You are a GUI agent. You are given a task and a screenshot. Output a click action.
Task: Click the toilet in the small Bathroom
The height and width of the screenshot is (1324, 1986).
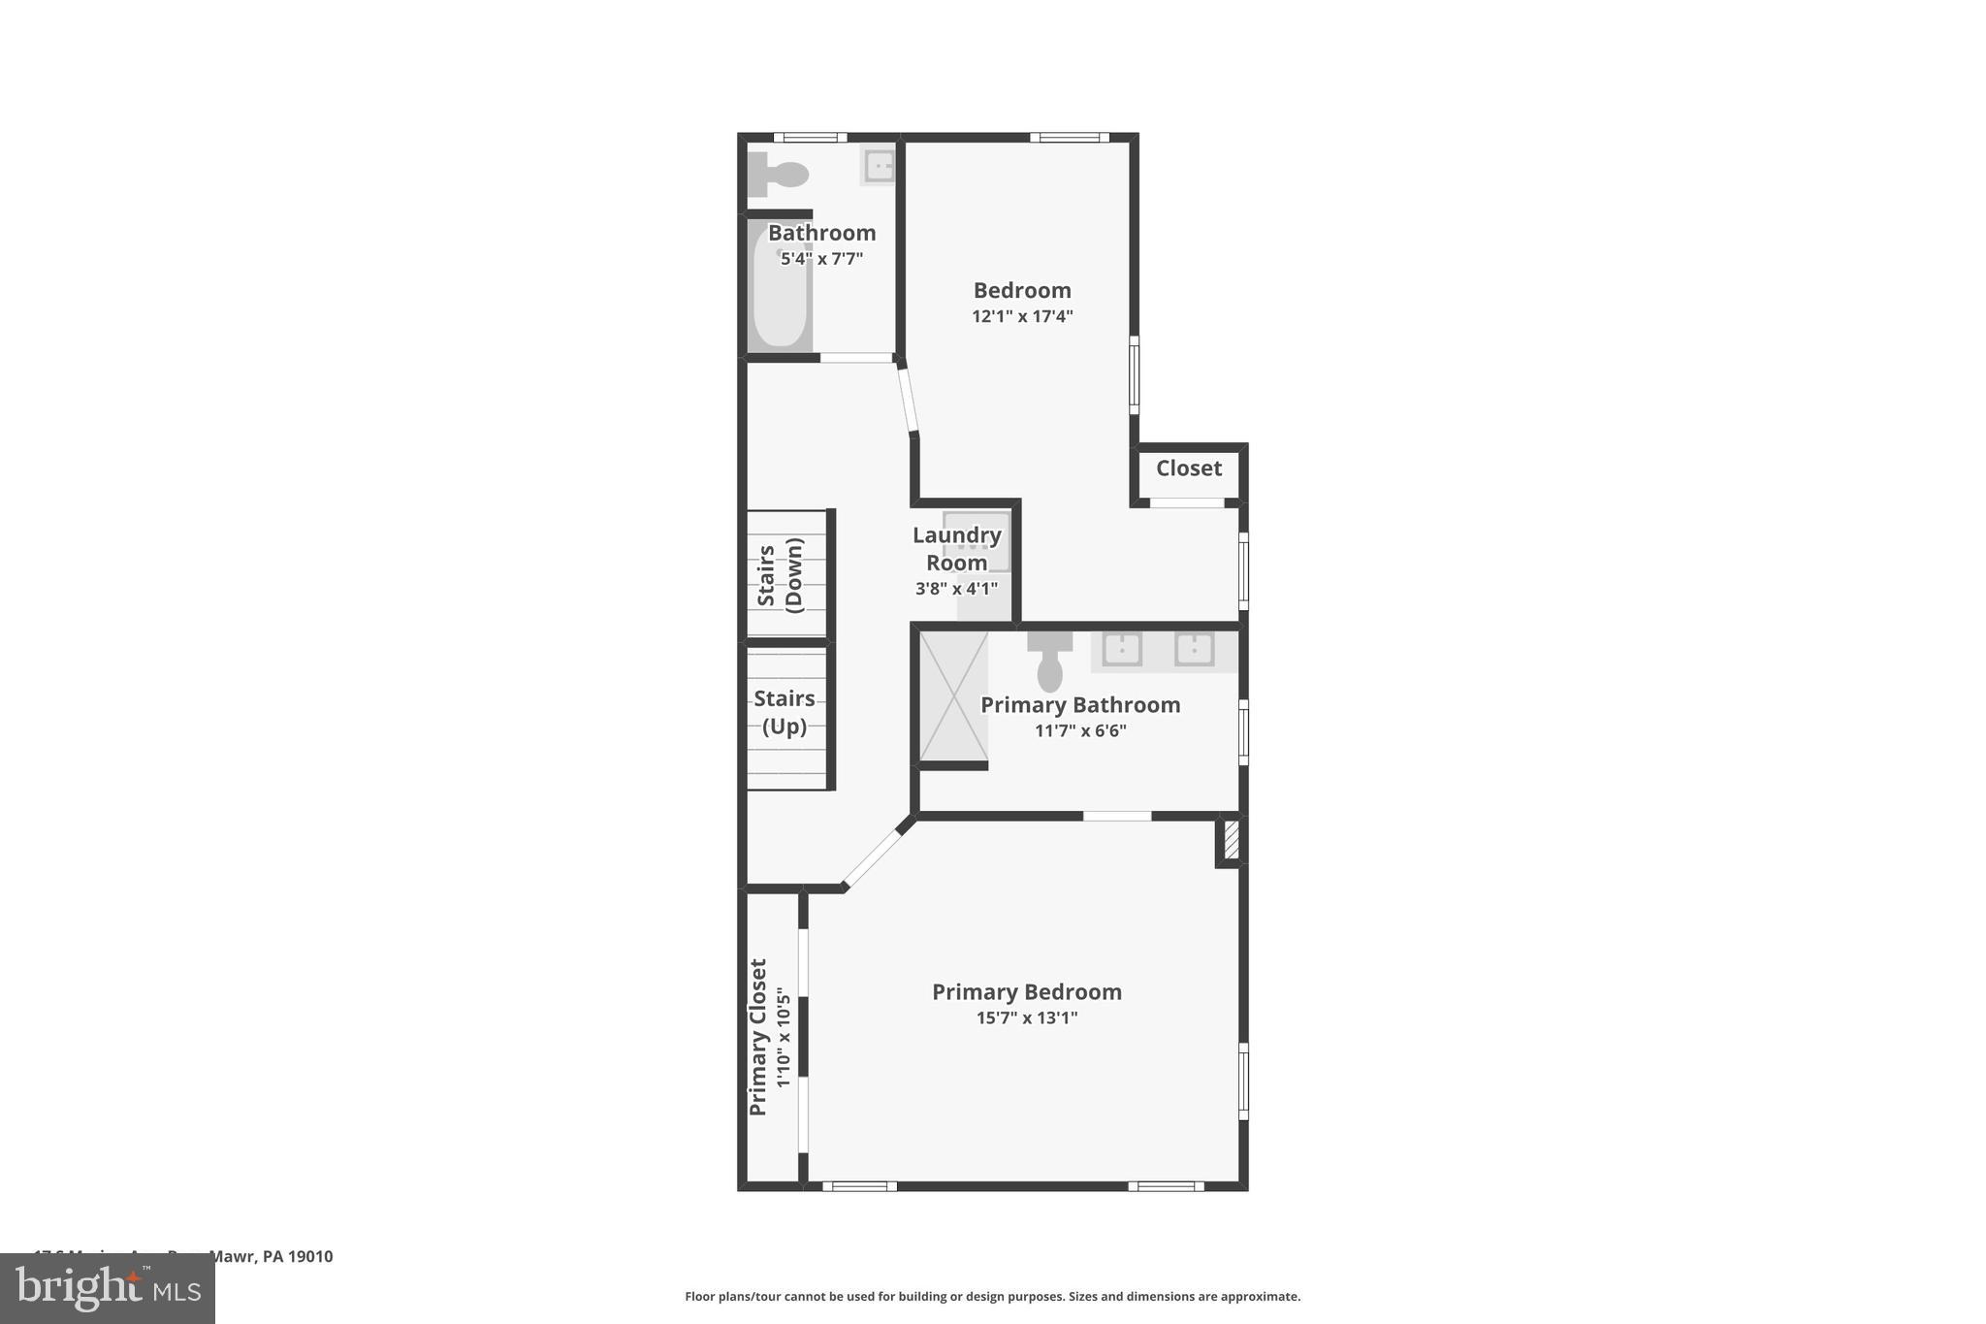[782, 175]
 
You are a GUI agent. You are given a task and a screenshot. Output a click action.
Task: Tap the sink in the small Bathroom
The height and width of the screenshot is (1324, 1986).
[879, 166]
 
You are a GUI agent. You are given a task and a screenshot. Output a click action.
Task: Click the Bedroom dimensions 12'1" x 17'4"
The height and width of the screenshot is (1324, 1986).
[1022, 316]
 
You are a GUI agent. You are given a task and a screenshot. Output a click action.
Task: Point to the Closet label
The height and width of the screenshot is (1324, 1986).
[1189, 468]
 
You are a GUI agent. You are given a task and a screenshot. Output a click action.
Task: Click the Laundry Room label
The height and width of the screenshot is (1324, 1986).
[957, 549]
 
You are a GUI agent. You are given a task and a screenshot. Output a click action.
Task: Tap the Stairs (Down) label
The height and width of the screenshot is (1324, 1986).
[781, 574]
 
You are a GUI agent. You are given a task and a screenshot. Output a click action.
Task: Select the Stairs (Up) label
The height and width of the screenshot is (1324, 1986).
[785, 712]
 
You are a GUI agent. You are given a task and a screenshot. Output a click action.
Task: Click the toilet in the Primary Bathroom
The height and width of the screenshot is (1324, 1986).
[1050, 662]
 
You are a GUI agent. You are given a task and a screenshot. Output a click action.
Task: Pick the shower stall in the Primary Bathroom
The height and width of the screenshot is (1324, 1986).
[953, 695]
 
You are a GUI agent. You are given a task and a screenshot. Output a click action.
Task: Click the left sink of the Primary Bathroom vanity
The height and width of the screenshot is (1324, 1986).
[1122, 649]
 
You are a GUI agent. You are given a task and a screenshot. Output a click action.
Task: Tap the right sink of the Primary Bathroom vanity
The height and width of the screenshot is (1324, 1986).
[1195, 649]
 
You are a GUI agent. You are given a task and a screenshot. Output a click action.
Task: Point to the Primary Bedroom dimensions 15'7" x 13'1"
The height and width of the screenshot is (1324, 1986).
[1027, 1017]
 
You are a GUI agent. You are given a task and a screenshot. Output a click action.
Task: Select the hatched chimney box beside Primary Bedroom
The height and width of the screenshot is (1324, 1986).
[1231, 840]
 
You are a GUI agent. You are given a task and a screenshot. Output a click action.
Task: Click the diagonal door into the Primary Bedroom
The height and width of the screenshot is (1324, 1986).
[872, 858]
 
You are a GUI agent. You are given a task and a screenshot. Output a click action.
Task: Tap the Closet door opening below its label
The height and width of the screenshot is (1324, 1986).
[1187, 502]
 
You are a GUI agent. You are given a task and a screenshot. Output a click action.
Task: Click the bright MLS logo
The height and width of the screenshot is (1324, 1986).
[108, 1288]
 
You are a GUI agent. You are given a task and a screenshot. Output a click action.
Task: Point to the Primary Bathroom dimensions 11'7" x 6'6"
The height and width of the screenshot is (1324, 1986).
[1080, 730]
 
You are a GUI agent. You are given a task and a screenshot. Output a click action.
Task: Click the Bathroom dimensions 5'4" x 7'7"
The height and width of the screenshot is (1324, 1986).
[821, 259]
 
